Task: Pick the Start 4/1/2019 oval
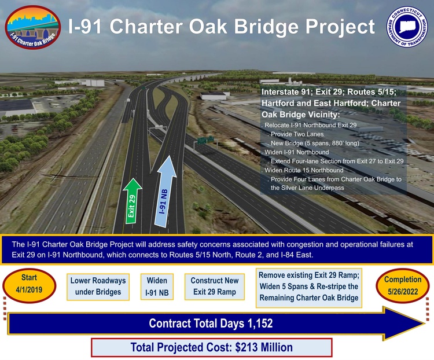29,284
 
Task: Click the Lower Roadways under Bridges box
98,286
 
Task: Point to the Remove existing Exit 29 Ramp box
308,286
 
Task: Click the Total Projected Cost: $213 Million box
212,347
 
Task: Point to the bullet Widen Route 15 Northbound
305,170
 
